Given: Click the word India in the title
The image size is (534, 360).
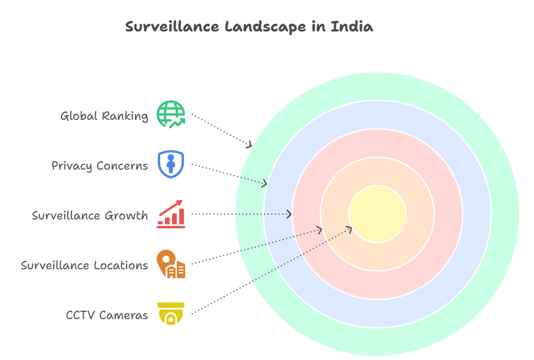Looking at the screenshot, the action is (x=352, y=27).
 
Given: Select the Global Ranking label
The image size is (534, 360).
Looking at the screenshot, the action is (x=104, y=116).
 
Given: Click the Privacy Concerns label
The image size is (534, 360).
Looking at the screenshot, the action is (x=100, y=165).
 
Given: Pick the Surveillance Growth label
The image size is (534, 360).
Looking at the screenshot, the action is (x=90, y=215).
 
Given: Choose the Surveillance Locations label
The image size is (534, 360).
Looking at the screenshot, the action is (x=84, y=266).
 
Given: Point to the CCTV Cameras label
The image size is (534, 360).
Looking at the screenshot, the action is (x=107, y=315).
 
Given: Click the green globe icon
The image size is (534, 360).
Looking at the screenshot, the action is (x=171, y=114).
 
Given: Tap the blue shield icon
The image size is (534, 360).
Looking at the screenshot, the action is (x=171, y=164).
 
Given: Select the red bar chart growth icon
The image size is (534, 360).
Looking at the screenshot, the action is (x=171, y=214).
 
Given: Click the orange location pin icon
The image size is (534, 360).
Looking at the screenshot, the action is (x=171, y=264).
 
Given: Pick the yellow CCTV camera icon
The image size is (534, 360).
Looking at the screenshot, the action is (x=171, y=313).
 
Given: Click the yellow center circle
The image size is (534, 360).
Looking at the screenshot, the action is (x=377, y=214).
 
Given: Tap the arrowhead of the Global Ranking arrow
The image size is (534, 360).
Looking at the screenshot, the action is (x=250, y=145).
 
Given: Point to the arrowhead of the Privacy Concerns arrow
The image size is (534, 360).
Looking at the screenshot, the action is (x=265, y=184).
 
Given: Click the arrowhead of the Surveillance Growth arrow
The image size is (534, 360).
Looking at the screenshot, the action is (x=290, y=214).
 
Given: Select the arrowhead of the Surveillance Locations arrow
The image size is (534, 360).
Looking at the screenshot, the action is (x=320, y=230).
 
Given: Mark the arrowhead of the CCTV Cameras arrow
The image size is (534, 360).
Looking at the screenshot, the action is (x=349, y=230).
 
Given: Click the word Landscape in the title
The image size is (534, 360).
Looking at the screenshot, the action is (x=265, y=27).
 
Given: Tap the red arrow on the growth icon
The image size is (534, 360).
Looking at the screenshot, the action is (x=171, y=208).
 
